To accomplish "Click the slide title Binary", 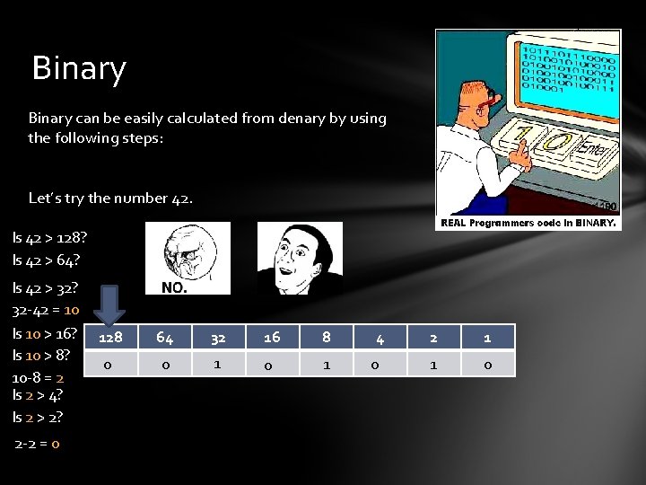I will pos(79,69).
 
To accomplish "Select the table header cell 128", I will pos(110,338).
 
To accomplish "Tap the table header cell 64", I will pos(165,338).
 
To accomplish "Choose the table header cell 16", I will pos(272,338).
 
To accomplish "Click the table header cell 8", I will pos(327,338).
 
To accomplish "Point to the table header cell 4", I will pos(380,339).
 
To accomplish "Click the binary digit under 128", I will pos(109,366).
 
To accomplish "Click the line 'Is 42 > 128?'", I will pos(50,238).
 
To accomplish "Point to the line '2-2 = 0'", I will pos(38,444).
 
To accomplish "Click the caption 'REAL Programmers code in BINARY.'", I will pos(528,223).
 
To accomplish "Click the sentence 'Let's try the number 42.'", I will pos(110,198).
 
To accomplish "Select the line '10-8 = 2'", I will pos(38,378).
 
